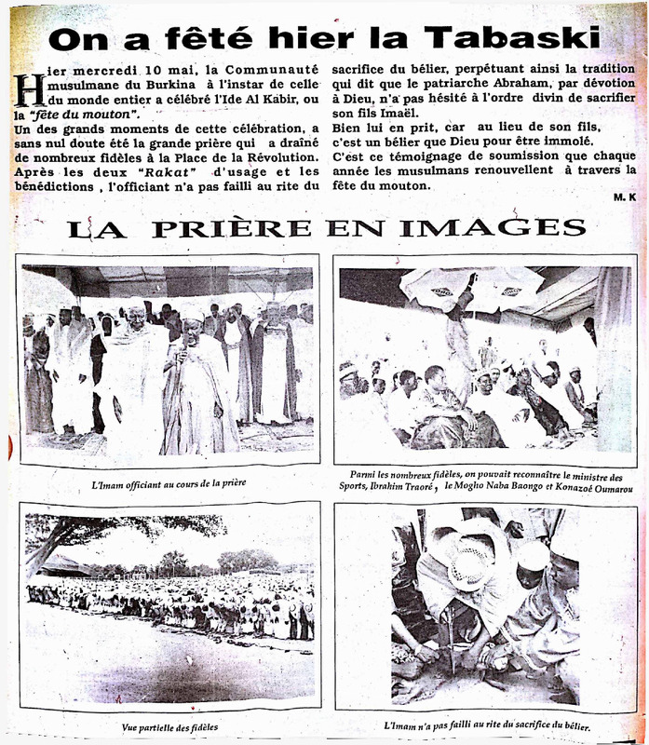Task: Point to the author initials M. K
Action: pos(624,199)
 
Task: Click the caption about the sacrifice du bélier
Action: pos(486,726)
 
